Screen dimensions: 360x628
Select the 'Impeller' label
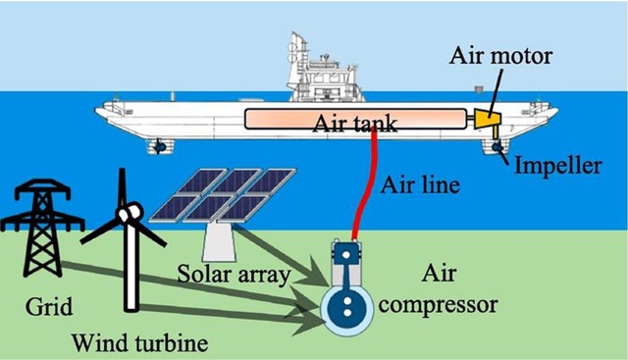click(x=556, y=166)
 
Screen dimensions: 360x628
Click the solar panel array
click(x=210, y=195)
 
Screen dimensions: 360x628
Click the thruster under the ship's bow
click(x=156, y=146)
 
